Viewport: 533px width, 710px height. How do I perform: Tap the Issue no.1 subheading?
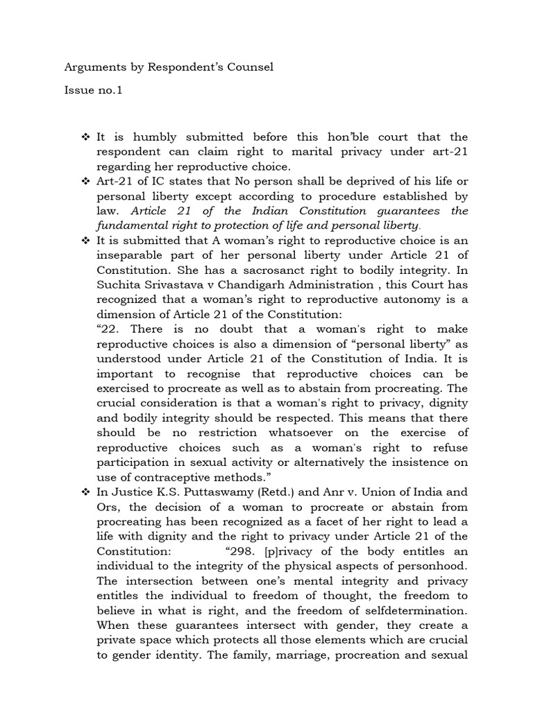tap(93, 90)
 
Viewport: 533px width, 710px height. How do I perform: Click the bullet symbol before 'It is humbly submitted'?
tap(86, 137)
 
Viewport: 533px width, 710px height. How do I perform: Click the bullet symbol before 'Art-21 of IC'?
tap(86, 181)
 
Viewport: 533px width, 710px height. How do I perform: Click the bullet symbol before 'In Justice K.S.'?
tap(86, 492)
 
